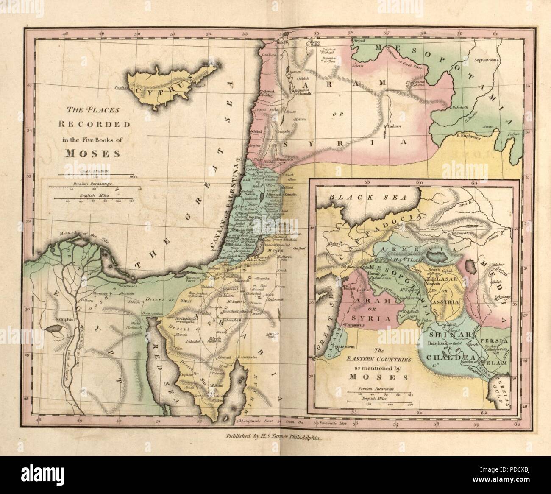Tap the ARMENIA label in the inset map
406,249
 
